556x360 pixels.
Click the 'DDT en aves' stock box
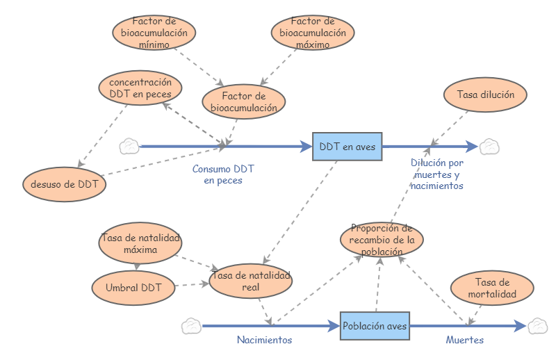click(x=347, y=147)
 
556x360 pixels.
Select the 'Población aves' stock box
click(x=375, y=325)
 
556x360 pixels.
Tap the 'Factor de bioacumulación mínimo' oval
click(x=154, y=32)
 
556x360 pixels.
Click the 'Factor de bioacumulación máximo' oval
click(x=312, y=32)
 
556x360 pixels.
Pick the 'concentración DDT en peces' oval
click(x=140, y=88)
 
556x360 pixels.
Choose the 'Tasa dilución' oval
click(x=485, y=95)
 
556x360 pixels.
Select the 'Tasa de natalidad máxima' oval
click(x=140, y=243)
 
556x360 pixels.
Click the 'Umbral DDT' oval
click(x=133, y=286)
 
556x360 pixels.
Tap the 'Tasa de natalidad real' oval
click(x=251, y=281)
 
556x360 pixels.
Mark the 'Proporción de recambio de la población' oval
click(x=382, y=240)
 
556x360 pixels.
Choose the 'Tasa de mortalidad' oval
click(x=492, y=288)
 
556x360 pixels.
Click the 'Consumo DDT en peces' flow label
click(x=223, y=174)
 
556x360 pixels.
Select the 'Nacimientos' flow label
click(x=264, y=341)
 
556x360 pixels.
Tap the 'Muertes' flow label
click(x=464, y=341)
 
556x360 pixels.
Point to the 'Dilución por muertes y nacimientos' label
click(x=436, y=174)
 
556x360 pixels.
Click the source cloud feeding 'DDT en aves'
click(x=129, y=147)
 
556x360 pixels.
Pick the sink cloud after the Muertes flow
click(x=537, y=325)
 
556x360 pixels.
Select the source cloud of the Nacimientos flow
click(x=191, y=325)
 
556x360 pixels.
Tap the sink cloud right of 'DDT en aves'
click(x=490, y=147)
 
